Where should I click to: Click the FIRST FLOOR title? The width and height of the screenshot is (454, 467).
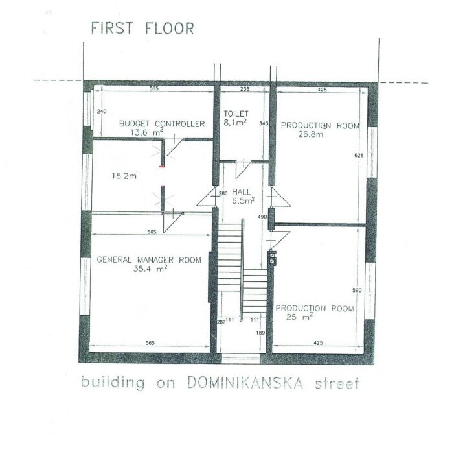click(x=142, y=29)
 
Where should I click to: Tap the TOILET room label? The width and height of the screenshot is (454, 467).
click(x=236, y=114)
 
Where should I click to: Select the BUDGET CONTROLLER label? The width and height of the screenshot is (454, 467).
click(x=162, y=124)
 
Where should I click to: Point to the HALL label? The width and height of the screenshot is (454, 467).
click(x=241, y=192)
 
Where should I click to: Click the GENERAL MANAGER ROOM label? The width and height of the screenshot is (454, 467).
click(x=149, y=259)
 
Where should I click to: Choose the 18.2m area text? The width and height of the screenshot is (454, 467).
click(x=124, y=176)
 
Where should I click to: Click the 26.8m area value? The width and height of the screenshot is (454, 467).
click(x=311, y=134)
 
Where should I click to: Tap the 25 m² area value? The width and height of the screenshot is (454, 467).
click(x=299, y=317)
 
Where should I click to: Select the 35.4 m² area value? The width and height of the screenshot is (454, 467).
click(x=150, y=269)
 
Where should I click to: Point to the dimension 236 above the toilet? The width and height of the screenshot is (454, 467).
click(x=244, y=89)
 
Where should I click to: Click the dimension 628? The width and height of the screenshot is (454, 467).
click(x=359, y=155)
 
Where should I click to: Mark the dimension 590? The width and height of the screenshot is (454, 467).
click(x=357, y=290)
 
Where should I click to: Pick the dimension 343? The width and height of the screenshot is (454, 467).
click(x=264, y=123)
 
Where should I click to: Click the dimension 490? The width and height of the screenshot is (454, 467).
click(x=262, y=217)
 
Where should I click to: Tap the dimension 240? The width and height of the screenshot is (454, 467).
click(x=102, y=112)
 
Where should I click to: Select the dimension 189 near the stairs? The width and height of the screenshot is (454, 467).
click(x=260, y=333)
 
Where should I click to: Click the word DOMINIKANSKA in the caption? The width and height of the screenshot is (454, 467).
click(x=245, y=383)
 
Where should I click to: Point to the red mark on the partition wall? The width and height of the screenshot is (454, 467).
click(x=161, y=167)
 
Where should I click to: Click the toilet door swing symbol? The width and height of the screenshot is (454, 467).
click(x=243, y=169)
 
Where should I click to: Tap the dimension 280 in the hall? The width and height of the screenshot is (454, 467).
click(x=223, y=193)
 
